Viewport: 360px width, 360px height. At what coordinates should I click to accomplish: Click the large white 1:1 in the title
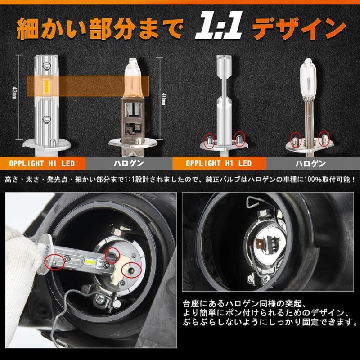[x=219, y=28]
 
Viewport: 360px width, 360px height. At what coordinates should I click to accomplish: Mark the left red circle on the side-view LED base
[x=209, y=141]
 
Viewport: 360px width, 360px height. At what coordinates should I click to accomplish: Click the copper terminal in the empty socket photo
[x=261, y=244]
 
